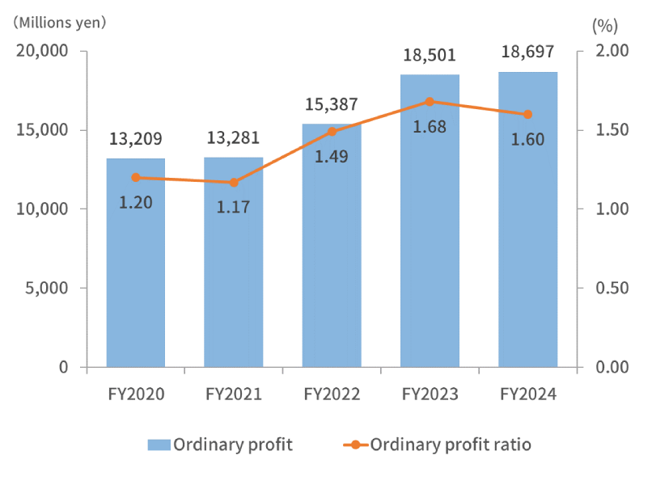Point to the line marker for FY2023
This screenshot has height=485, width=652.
430,102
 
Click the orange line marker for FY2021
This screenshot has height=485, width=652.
234,183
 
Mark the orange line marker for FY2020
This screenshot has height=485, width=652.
136,178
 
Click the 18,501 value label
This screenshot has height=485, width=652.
429,56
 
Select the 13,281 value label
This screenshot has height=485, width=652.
233,139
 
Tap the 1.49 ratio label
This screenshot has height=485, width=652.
332,156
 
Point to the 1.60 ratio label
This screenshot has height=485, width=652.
527,139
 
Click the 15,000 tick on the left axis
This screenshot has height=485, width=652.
44,130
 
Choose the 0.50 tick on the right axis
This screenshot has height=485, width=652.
612,288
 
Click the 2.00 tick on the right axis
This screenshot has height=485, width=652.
612,51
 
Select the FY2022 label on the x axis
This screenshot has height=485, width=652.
332,394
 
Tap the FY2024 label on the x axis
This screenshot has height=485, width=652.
527,394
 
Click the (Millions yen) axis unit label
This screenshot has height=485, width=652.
59,22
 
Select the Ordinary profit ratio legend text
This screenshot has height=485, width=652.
451,445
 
